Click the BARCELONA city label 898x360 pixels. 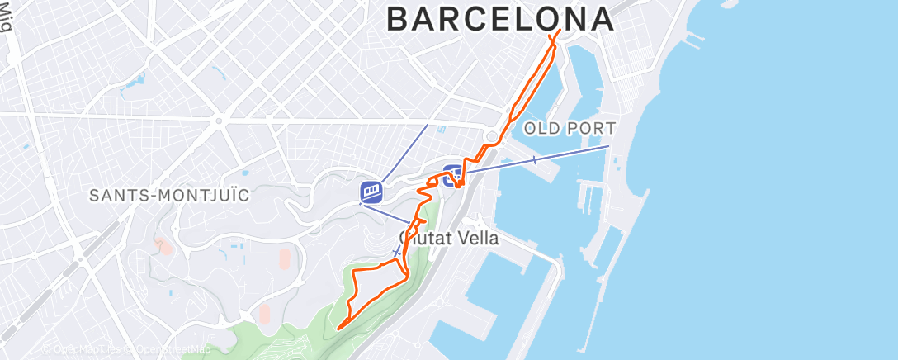[x=500, y=19]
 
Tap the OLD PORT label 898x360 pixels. [x=570, y=129]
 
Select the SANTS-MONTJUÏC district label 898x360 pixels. [x=169, y=195]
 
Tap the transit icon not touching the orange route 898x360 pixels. [x=371, y=192]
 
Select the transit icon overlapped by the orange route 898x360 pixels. [x=452, y=175]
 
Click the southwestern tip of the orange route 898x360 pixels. [x=338, y=329]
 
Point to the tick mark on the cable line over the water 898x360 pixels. [x=535, y=159]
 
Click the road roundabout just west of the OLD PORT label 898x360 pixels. [x=493, y=137]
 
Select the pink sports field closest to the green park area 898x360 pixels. [x=264, y=313]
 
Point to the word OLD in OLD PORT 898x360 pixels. [x=541, y=129]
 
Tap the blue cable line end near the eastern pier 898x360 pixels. [x=609, y=146]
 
